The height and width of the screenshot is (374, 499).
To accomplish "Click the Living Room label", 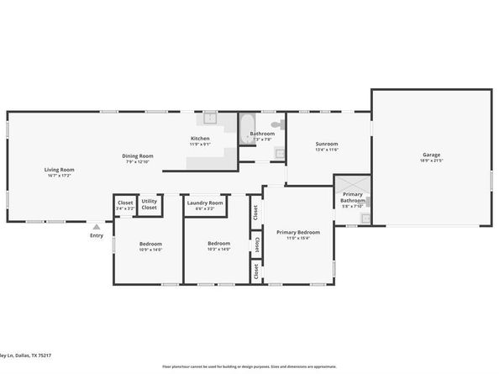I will coord(59,170).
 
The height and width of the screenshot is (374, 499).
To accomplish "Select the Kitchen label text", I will coord(200,138).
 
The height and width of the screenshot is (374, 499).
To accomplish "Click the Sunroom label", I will coord(327,144).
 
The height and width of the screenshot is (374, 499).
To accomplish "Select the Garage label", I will coord(431,155).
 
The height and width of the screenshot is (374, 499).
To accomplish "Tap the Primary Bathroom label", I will coord(352,197).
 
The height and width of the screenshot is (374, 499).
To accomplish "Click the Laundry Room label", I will coord(204,203).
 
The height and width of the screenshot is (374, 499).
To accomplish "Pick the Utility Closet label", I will coord(149,204).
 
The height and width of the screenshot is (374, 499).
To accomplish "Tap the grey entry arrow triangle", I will coord(97,226).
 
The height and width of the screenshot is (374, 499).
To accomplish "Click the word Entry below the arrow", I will coord(97,235).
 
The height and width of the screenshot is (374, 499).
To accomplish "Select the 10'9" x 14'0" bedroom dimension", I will coord(150,250).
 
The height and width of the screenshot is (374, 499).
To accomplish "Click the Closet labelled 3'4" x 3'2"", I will coord(125,205).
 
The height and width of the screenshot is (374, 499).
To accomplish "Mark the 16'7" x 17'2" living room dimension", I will coord(59,176).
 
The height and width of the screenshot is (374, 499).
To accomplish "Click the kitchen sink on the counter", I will coord(211,119).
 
